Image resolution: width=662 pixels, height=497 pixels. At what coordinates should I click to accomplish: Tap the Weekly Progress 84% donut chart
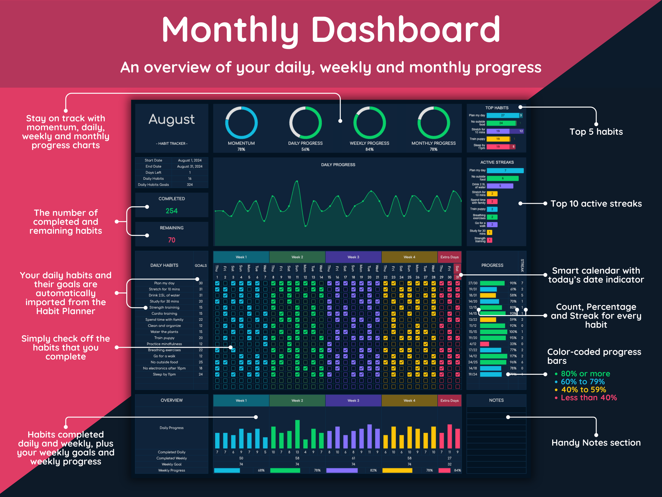(369, 123)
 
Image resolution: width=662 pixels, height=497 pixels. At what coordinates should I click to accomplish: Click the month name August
(172, 120)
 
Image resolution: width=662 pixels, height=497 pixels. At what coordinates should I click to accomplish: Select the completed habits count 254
(172, 211)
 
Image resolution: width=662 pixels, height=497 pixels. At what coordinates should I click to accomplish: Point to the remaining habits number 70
(172, 240)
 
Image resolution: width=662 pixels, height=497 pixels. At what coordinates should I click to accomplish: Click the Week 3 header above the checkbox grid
(353, 257)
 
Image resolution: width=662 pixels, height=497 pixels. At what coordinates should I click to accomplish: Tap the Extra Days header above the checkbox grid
(449, 257)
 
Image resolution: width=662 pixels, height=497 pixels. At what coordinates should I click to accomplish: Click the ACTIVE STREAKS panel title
(497, 162)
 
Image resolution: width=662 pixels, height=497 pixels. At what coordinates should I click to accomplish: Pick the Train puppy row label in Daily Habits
(164, 338)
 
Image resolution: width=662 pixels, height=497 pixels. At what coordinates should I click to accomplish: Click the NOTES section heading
(496, 400)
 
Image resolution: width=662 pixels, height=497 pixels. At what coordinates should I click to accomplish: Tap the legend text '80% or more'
(585, 374)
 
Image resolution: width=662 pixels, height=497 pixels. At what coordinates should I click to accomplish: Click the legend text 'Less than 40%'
(588, 398)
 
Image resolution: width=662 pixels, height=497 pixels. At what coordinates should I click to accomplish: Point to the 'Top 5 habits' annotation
(596, 132)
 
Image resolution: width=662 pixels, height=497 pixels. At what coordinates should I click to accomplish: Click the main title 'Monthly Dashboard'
(331, 30)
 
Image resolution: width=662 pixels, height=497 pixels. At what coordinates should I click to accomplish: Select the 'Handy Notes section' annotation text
(596, 443)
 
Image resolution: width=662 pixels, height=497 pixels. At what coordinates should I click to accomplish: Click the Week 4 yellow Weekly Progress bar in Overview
(397, 470)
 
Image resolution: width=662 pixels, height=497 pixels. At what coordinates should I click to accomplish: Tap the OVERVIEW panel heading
(172, 400)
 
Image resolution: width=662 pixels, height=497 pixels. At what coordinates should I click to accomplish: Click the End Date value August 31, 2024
(190, 166)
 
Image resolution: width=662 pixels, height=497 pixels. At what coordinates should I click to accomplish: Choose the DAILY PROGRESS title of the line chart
(338, 165)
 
